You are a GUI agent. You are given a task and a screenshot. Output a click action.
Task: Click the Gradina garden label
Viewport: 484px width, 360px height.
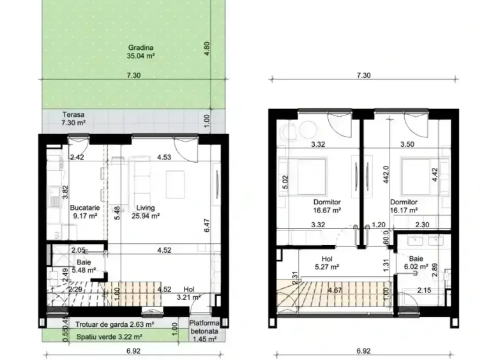[140, 48]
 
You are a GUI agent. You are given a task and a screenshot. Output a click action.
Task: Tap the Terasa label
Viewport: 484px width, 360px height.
[73, 115]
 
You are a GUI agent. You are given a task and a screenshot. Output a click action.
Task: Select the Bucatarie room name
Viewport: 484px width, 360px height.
[85, 207]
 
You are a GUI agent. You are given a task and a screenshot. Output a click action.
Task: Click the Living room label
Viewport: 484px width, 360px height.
[146, 208]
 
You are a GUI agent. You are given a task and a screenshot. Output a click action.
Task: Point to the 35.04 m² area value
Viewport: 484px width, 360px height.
[140, 56]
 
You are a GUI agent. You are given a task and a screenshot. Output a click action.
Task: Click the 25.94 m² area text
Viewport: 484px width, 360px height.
[146, 216]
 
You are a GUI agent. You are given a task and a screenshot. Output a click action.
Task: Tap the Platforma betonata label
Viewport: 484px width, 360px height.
[204, 327]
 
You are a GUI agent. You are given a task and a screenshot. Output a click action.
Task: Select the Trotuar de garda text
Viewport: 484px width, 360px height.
[102, 324]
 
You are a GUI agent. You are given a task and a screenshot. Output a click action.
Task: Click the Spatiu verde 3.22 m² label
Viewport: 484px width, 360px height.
[109, 337]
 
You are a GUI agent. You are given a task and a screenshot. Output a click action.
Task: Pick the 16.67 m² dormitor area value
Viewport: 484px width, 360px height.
[327, 211]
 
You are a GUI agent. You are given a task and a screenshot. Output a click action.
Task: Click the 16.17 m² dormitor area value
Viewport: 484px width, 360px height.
[404, 211]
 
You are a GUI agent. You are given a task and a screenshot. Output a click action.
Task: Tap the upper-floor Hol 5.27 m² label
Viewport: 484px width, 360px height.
[327, 263]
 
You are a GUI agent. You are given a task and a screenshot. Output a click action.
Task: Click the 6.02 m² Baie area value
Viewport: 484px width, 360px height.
[416, 267]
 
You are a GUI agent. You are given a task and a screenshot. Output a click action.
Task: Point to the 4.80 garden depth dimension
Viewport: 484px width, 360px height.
[207, 49]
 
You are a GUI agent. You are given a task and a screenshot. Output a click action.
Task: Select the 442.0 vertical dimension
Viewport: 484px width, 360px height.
[386, 175]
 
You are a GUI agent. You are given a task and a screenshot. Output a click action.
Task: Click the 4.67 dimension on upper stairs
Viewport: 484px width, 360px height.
[335, 290]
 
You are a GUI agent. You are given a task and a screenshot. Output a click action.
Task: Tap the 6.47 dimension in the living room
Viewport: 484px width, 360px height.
[207, 225]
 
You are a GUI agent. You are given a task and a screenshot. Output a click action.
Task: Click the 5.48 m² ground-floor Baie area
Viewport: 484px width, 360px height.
[84, 270]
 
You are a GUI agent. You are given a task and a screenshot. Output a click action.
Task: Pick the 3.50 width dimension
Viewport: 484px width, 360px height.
[407, 144]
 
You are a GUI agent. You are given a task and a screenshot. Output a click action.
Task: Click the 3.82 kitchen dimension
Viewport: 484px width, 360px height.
[65, 192]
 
